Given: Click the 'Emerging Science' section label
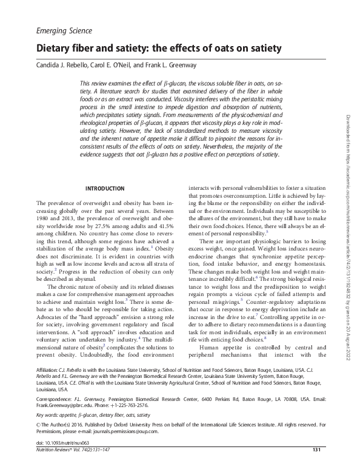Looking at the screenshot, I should tap(64, 30).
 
